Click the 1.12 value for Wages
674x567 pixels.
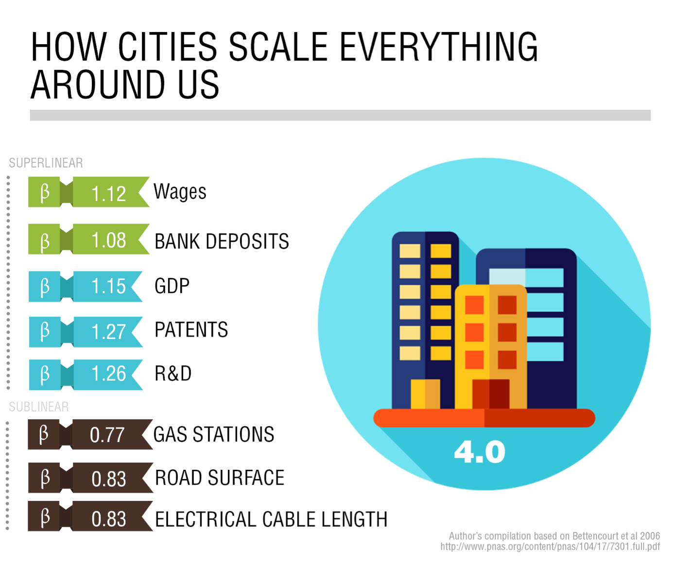pyautogui.click(x=108, y=194)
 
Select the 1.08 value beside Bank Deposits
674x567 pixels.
pyautogui.click(x=108, y=241)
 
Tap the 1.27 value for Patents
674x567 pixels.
pyautogui.click(x=108, y=332)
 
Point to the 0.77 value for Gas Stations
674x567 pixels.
pyautogui.click(x=107, y=435)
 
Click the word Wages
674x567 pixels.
pyautogui.click(x=179, y=192)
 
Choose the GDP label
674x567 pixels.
pyautogui.click(x=172, y=286)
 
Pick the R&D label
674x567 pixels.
pyautogui.click(x=173, y=373)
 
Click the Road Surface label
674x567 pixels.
pyautogui.click(x=220, y=478)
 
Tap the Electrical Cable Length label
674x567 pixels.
pyautogui.click(x=271, y=519)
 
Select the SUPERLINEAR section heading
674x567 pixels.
pyautogui.click(x=46, y=163)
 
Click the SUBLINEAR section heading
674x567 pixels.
pyautogui.click(x=39, y=407)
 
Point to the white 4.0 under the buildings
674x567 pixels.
pyautogui.click(x=480, y=452)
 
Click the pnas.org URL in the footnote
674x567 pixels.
pyautogui.click(x=550, y=546)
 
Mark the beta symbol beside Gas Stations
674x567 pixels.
pyautogui.click(x=44, y=434)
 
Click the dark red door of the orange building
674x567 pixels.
pyautogui.click(x=491, y=394)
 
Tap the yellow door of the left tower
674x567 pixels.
pyautogui.click(x=425, y=394)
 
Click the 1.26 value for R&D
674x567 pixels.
pyautogui.click(x=108, y=374)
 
